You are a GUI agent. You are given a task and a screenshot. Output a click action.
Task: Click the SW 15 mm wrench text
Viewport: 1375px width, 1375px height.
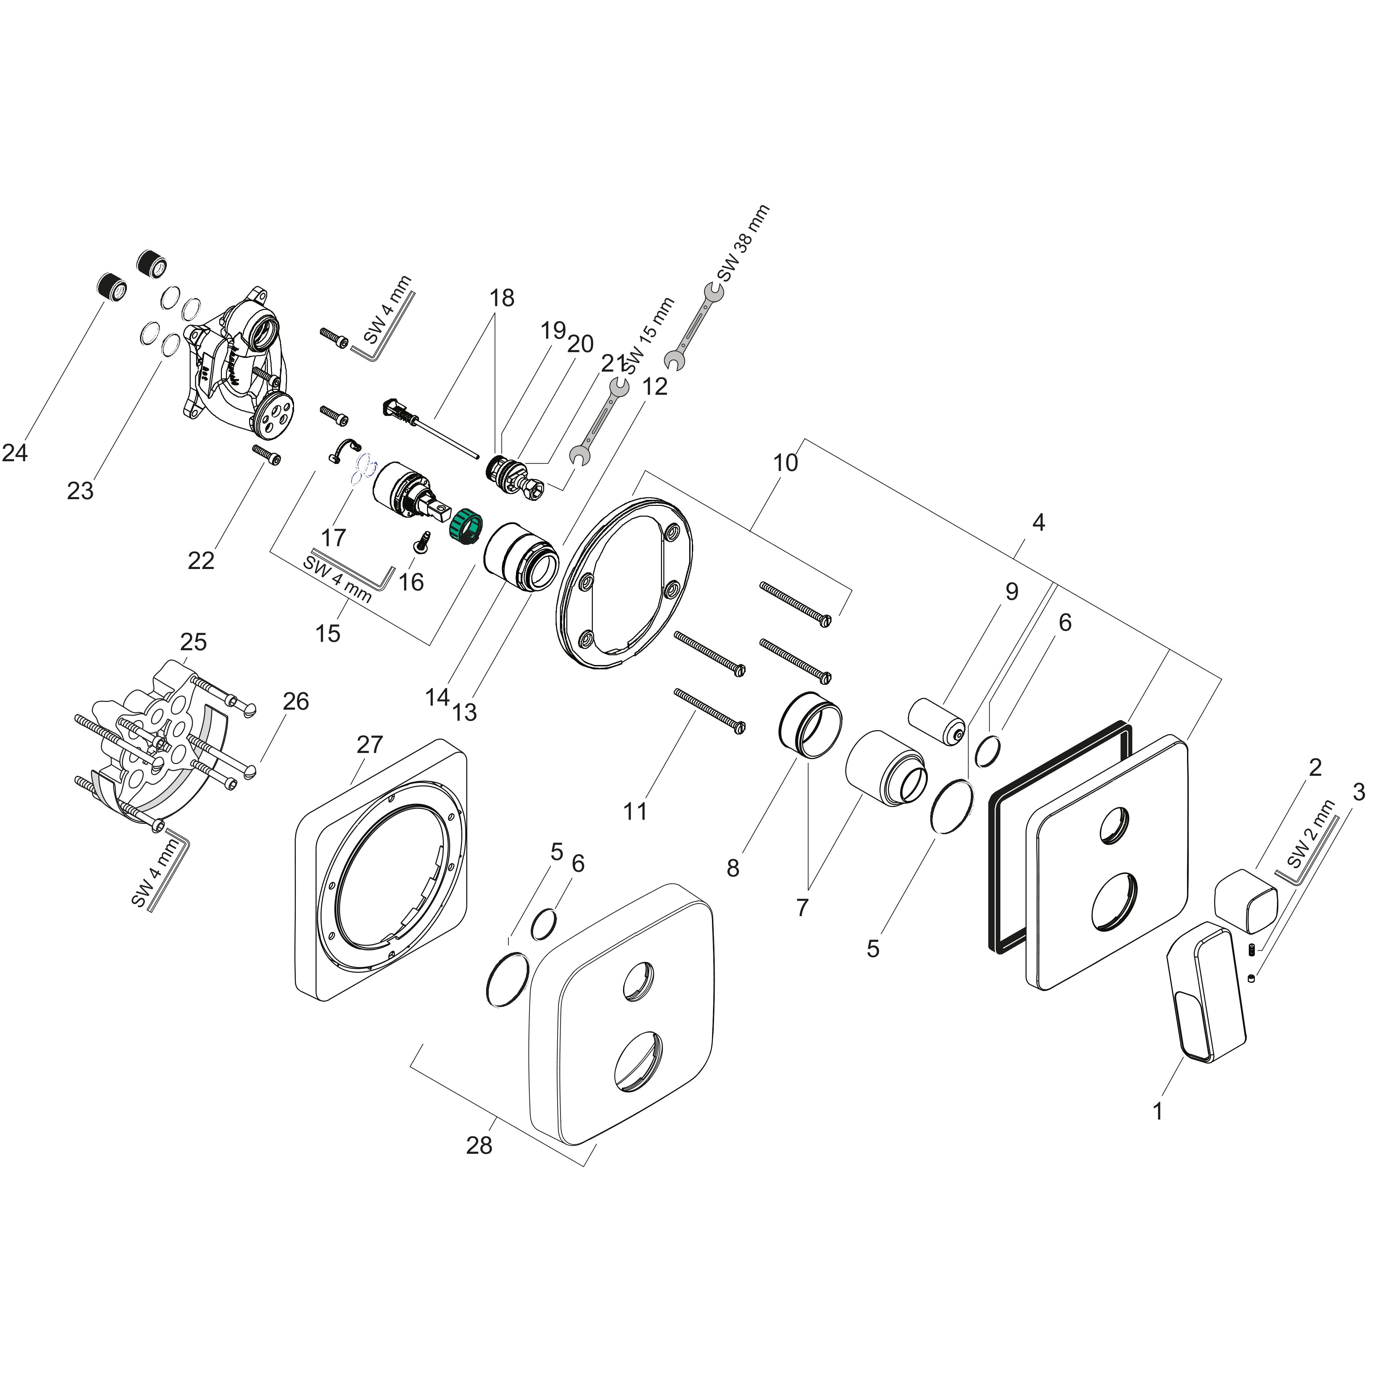click(648, 334)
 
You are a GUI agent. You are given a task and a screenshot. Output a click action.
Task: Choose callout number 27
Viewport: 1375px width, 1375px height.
click(369, 745)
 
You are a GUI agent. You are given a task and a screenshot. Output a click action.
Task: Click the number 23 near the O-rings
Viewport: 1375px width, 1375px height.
click(81, 490)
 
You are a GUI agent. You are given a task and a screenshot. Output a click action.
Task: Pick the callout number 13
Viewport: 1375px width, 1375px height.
click(465, 712)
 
